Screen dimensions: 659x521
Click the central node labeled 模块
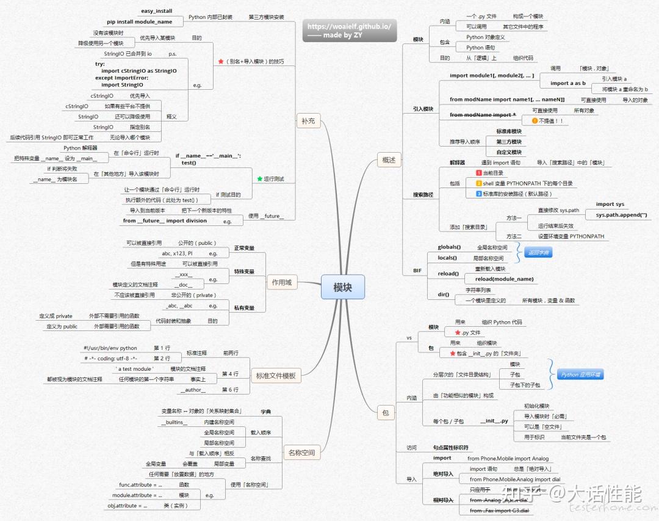point(342,287)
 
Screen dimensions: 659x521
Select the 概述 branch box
point(389,161)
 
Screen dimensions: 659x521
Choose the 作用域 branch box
point(281,282)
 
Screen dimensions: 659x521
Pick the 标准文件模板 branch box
point(275,376)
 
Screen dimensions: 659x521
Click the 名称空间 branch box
point(301,453)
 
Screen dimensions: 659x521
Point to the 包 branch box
point(385,413)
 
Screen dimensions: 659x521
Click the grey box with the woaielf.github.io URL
point(348,31)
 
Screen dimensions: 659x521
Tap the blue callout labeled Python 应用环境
point(581,374)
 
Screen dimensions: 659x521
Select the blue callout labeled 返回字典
point(538,252)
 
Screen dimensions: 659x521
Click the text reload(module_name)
point(504,279)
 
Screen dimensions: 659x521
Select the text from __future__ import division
point(165,221)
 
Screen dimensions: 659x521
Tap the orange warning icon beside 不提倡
point(535,121)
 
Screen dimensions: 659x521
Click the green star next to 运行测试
point(259,179)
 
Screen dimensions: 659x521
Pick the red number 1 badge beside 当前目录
point(479,173)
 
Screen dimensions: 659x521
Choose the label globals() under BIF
point(449,247)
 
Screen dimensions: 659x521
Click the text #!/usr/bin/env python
point(110,348)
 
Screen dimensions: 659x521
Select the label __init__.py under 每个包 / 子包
point(494,421)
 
